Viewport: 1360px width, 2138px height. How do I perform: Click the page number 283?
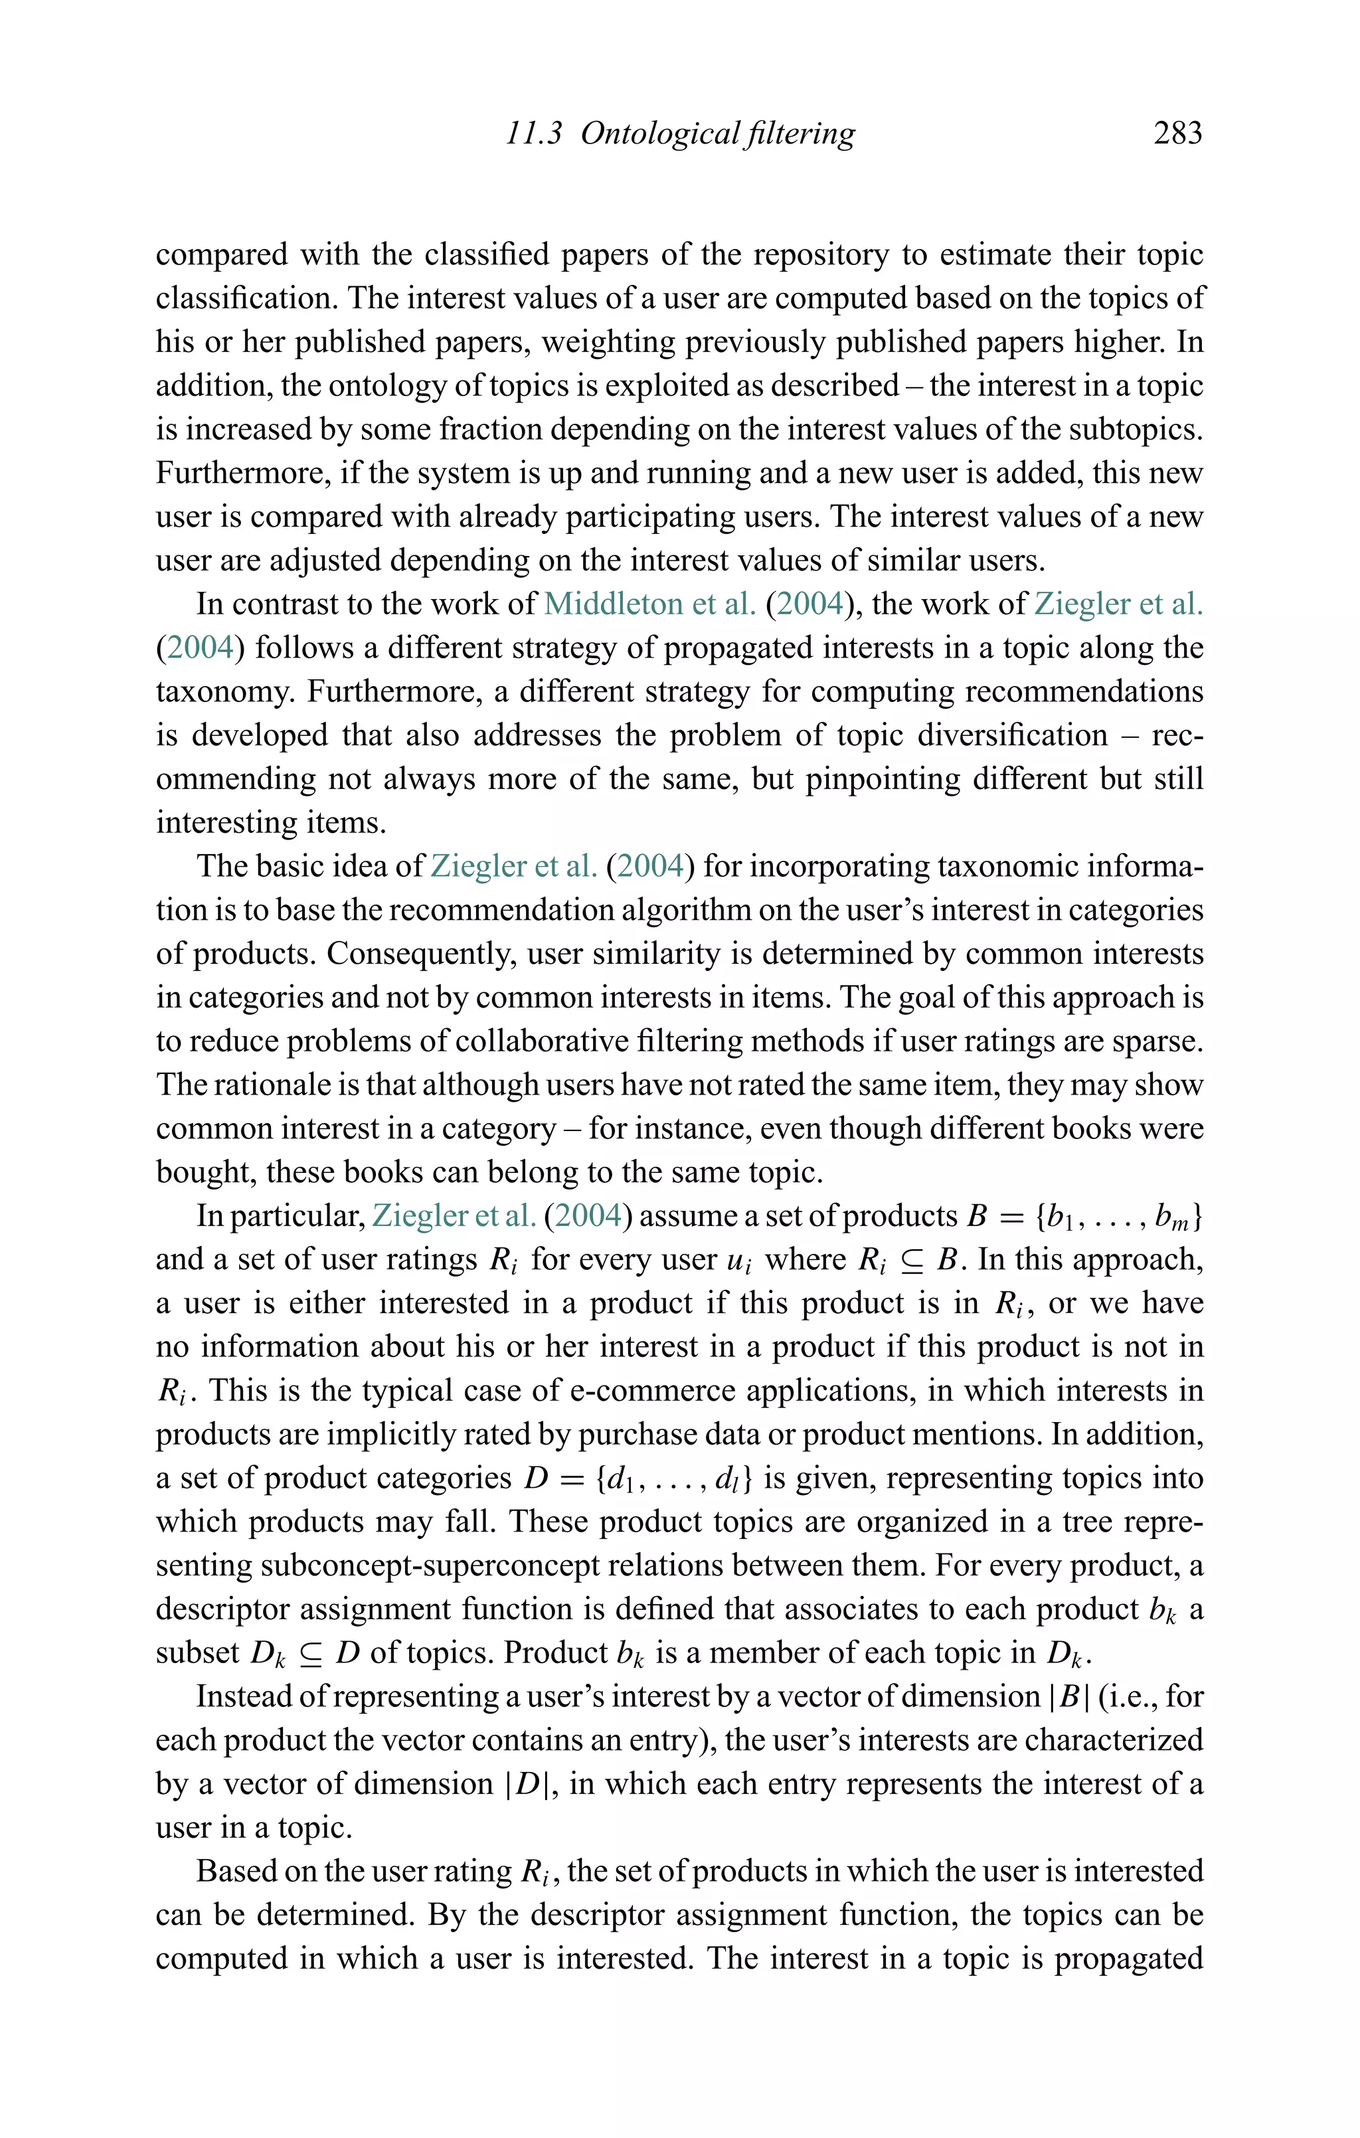coord(1177,134)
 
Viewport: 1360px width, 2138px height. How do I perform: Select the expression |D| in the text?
coord(530,1784)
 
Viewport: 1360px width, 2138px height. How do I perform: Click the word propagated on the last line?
coord(1128,1959)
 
